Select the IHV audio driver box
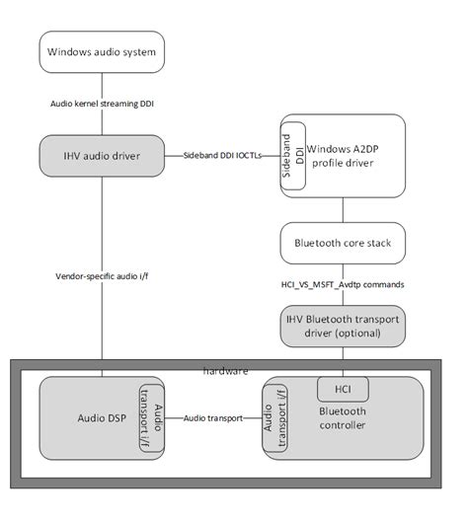point(101,155)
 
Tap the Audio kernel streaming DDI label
point(101,103)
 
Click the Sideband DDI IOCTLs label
point(220,156)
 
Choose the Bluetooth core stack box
point(343,240)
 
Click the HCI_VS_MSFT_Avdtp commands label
point(343,283)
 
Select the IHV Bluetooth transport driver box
point(343,327)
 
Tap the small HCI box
point(343,388)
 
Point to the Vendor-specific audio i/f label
point(101,277)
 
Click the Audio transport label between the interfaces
point(213,418)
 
